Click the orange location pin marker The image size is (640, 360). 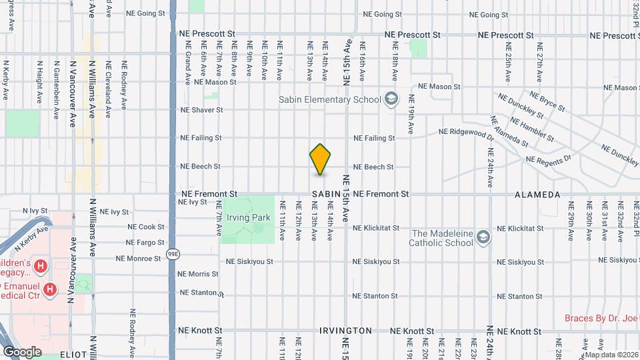320,159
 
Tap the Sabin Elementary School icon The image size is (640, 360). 391,100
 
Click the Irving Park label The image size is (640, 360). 247,217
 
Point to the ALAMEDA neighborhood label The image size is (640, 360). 537,194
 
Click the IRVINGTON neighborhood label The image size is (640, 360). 345,331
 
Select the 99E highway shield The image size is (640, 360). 173,253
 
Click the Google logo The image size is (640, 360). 23,351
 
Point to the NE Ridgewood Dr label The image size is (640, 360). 466,133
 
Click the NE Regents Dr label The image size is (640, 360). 549,159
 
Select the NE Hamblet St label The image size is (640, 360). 531,129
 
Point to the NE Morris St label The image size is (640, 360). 198,274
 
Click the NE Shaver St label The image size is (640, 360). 201,110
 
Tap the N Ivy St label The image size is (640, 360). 37,210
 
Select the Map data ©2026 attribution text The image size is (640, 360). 612,355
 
